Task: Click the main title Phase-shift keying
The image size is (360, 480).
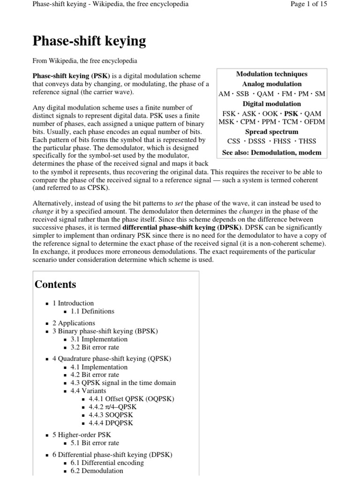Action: (89, 41)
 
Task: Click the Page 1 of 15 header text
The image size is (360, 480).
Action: (309, 4)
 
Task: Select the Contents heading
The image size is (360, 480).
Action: (55, 285)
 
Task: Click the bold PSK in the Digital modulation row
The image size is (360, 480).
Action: (291, 113)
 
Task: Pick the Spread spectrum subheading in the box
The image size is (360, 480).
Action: (272, 132)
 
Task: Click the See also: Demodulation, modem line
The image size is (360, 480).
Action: (272, 152)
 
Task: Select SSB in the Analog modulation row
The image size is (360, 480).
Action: (243, 94)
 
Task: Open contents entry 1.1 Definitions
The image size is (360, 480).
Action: (92, 311)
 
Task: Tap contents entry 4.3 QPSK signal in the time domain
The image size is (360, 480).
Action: (123, 383)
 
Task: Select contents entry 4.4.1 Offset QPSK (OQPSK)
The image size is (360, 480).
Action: (131, 399)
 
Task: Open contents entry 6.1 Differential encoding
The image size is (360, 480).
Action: (107, 463)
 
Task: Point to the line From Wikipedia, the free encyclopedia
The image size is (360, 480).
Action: (84, 61)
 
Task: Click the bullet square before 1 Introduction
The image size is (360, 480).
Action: (47, 304)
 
